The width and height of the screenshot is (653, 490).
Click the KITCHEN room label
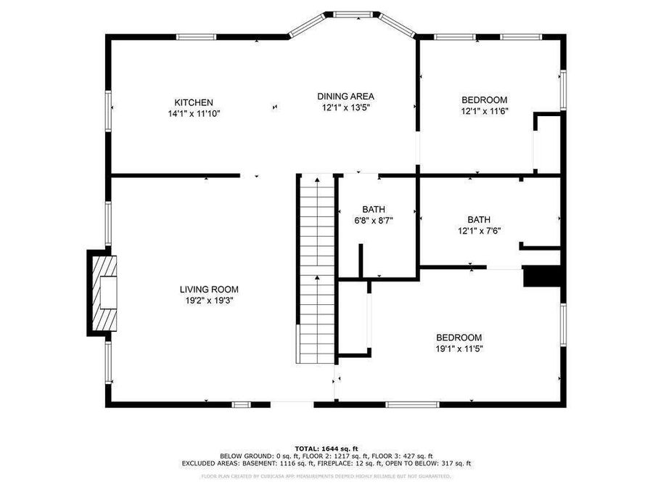(193, 102)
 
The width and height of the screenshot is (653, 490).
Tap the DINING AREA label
(345, 96)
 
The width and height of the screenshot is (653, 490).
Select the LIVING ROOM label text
(209, 289)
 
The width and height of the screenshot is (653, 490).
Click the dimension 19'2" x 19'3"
(209, 300)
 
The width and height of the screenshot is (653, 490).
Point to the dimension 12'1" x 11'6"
(484, 111)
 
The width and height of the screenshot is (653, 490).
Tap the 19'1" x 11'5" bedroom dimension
(459, 348)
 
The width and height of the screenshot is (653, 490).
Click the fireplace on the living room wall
(102, 293)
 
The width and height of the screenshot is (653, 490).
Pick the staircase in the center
(316, 269)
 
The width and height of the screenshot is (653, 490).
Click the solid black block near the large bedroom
(543, 277)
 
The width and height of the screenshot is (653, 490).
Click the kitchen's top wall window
(196, 36)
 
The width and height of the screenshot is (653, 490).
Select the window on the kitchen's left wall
(109, 113)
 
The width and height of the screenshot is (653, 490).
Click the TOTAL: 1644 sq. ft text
(326, 448)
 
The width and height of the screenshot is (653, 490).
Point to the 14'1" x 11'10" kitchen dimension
(193, 113)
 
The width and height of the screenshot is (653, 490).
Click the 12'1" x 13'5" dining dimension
(345, 107)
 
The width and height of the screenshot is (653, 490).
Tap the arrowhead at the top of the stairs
(316, 179)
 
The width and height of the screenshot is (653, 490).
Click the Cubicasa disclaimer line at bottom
(326, 476)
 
